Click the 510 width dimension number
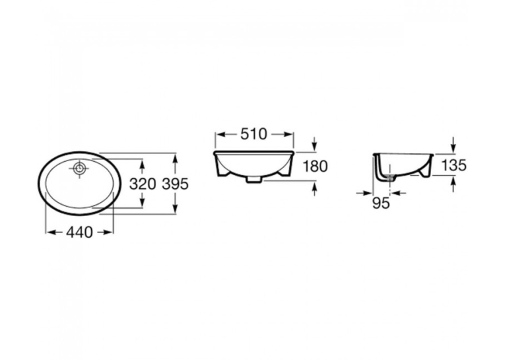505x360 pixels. coord(253,134)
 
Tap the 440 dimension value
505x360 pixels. coord(80,232)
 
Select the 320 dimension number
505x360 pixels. coord(143,184)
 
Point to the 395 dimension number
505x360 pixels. coord(175,184)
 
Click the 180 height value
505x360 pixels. coord(315,166)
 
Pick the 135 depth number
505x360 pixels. coord(454,165)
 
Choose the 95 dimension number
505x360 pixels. coord(381,203)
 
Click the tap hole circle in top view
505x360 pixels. coord(79,168)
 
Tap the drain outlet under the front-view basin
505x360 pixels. coord(253,180)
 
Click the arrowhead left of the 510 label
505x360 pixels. coord(220,134)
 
